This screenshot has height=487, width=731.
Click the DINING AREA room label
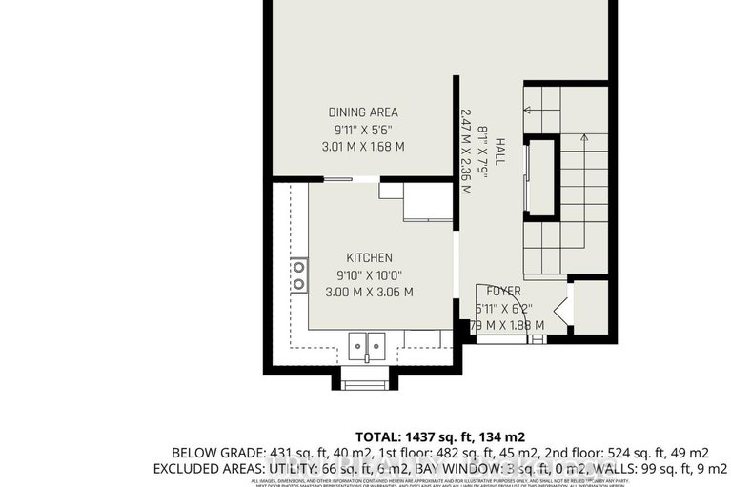(x=362, y=112)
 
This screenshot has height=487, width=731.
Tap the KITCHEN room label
(x=369, y=257)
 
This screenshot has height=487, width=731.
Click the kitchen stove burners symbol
(x=299, y=275)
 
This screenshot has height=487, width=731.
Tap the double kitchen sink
(x=367, y=342)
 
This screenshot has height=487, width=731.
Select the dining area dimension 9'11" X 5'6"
(x=362, y=130)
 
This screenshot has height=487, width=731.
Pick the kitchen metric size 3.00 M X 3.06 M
(x=369, y=292)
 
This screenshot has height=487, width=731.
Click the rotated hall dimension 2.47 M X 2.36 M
(x=466, y=151)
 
